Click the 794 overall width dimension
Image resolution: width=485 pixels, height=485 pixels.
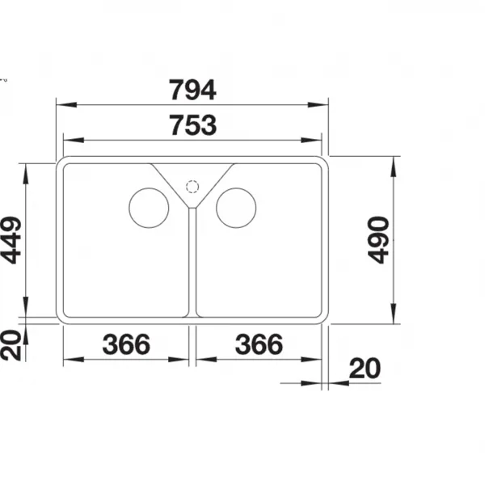tap(192, 90)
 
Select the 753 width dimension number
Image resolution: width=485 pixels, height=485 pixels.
tap(194, 125)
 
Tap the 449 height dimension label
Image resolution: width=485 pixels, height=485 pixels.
tap(11, 240)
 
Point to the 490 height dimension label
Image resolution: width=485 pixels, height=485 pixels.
tap(378, 240)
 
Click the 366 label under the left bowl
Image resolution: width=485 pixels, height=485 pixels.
tap(126, 344)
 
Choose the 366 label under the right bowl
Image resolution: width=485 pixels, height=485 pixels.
tap(259, 344)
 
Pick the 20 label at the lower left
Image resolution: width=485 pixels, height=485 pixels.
tap(11, 345)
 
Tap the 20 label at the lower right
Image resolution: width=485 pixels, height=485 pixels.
tap(365, 368)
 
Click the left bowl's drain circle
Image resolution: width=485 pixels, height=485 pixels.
tap(149, 188)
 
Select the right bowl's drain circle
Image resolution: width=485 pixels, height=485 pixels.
tap(236, 188)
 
